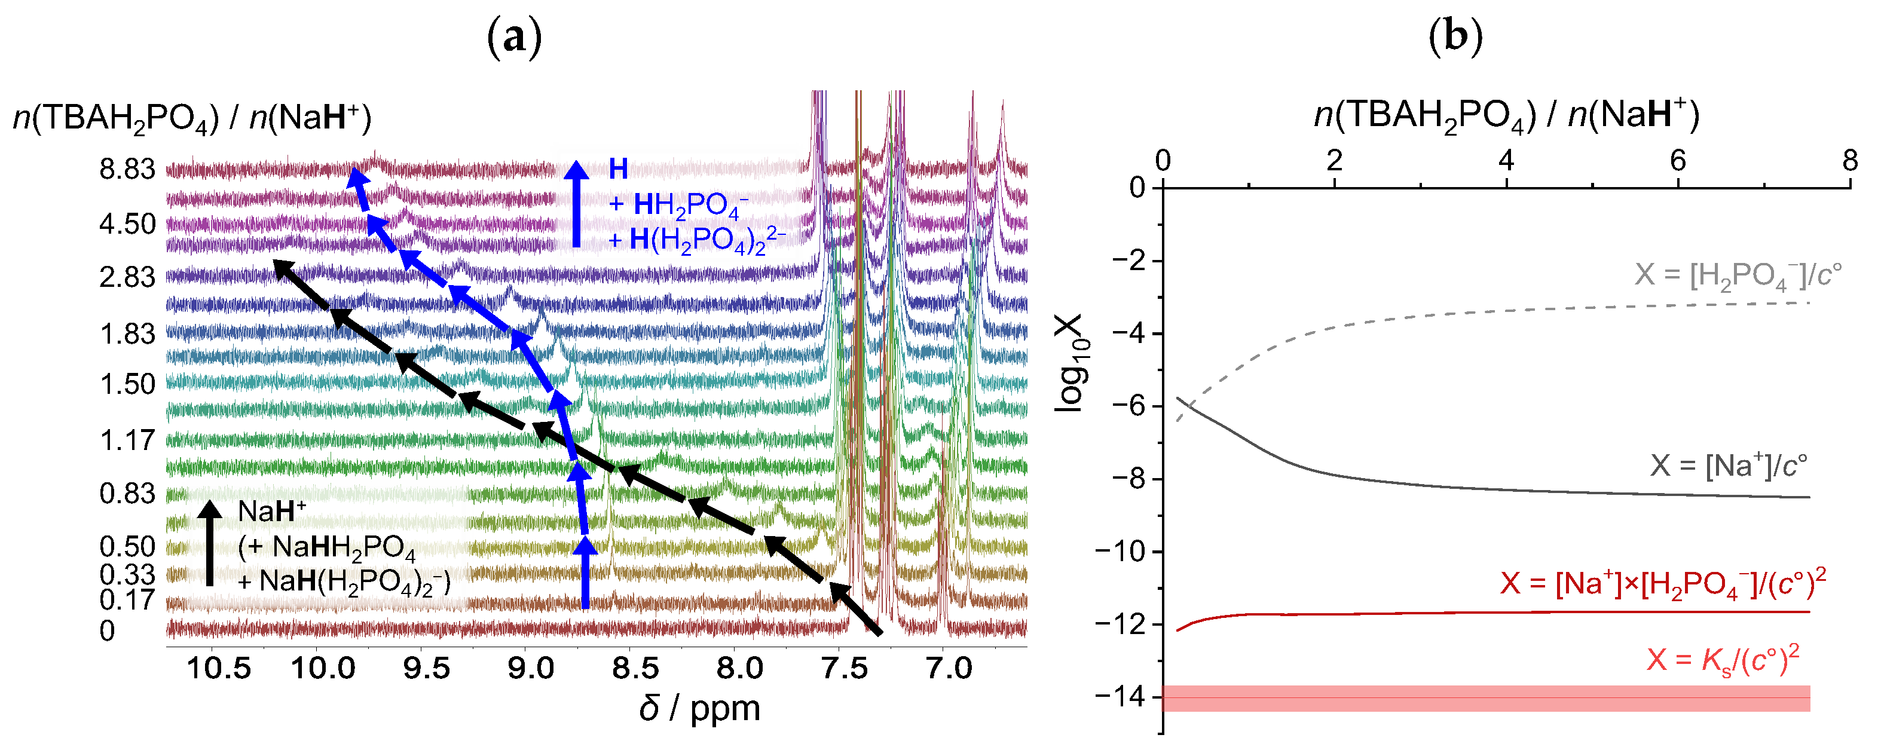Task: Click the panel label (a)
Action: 514,37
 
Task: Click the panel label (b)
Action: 1455,37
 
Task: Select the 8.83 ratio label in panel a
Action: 128,170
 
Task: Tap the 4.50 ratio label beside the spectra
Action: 128,224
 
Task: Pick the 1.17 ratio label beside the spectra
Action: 128,441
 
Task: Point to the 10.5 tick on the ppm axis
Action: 218,668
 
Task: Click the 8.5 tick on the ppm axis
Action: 636,668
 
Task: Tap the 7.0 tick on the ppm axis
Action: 949,668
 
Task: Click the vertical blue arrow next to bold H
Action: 576,204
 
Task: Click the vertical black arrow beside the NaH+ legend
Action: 210,543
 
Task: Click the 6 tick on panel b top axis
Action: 1678,160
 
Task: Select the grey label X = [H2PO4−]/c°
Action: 1738,276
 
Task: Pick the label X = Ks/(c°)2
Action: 1723,659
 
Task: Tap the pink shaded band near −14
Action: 1486,698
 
